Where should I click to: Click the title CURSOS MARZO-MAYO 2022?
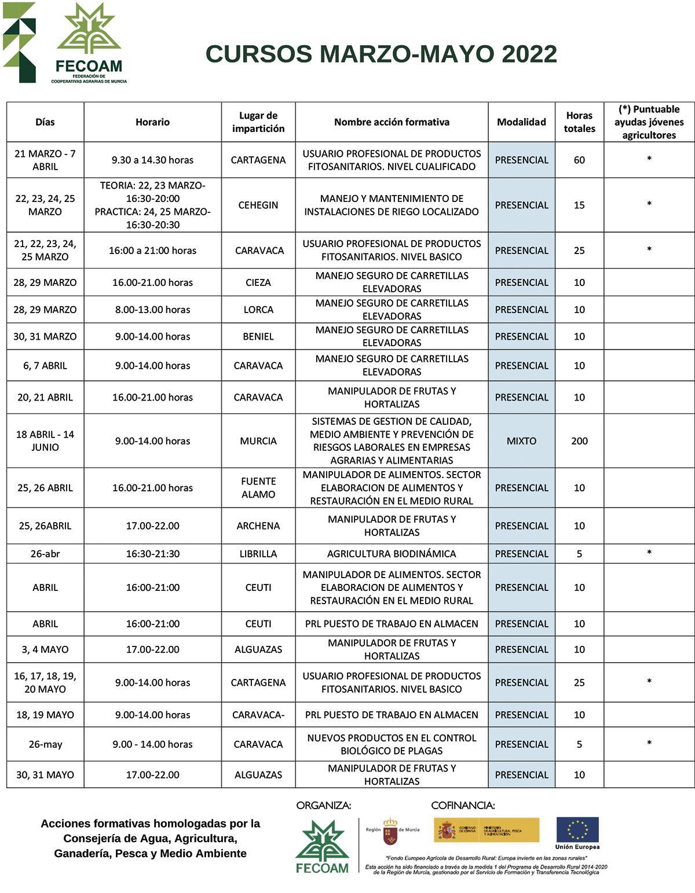(x=381, y=54)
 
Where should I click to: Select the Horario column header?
(x=152, y=122)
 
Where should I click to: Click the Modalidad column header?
(x=521, y=122)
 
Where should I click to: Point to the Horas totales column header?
(x=579, y=122)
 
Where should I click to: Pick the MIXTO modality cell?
(x=521, y=441)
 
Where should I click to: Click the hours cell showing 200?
(x=579, y=441)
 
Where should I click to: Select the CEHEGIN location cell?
(x=258, y=205)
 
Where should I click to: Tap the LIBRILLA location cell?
(x=258, y=554)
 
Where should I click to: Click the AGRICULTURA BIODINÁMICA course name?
(x=392, y=554)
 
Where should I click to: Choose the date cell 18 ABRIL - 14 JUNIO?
(x=45, y=441)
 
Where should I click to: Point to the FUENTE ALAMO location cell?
(x=258, y=488)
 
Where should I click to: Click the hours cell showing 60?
(x=579, y=160)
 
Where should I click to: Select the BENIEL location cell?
(x=258, y=336)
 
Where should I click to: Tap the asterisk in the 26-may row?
(x=649, y=744)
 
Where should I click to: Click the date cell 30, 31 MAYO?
(x=45, y=775)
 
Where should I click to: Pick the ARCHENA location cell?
(x=258, y=526)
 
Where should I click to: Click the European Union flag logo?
(x=577, y=829)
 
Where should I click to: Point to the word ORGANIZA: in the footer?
(x=324, y=805)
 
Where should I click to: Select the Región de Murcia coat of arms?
(x=391, y=830)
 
